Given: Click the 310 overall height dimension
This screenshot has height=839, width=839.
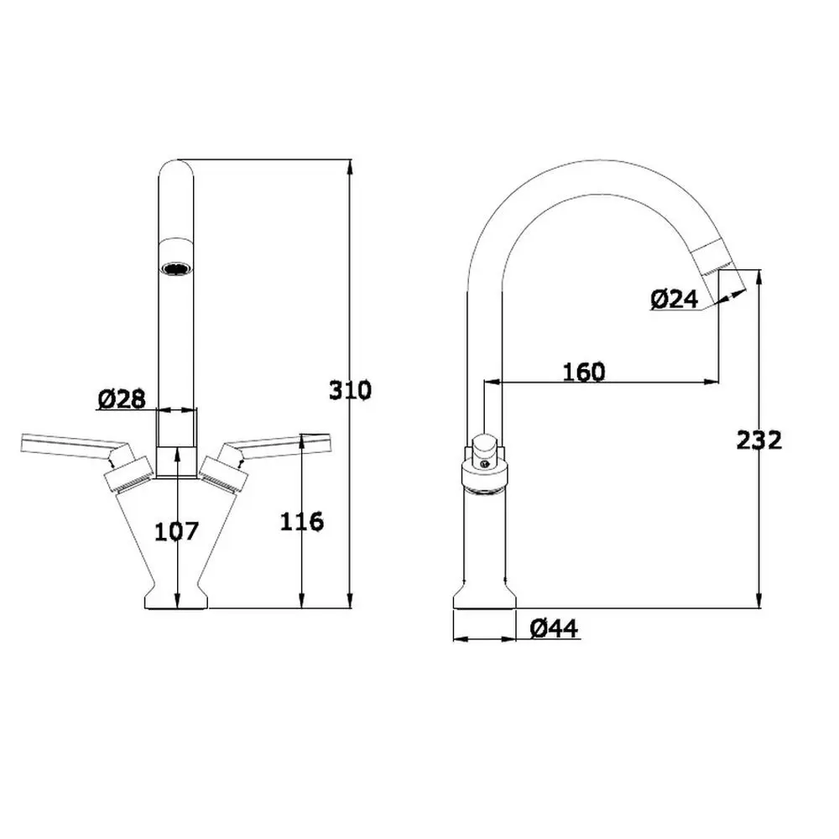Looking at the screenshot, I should [349, 390].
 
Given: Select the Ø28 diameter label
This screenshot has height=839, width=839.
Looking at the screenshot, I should [122, 400].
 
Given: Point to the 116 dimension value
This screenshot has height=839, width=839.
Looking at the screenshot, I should [302, 521].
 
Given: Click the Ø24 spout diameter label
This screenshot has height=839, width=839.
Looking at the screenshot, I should [674, 299].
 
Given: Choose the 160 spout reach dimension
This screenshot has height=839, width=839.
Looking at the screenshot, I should [584, 371].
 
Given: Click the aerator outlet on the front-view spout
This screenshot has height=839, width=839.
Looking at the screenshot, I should [176, 269].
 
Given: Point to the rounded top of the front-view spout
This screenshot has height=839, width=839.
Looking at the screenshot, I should [176, 166].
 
